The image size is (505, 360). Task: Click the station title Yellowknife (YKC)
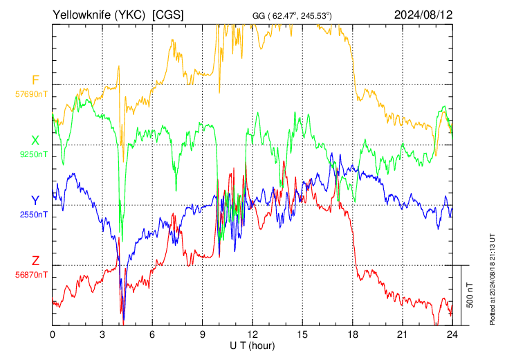99,15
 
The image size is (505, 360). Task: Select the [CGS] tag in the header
168,15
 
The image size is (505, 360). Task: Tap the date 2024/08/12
423,15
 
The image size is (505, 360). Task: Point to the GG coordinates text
292,15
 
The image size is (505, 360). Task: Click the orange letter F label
35,80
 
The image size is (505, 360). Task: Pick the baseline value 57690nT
31,94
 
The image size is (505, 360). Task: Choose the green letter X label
35,141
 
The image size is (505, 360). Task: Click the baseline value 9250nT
33,154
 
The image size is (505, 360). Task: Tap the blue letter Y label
35,201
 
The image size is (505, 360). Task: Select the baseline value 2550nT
33,215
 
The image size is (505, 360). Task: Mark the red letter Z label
35,260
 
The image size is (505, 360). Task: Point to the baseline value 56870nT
31,275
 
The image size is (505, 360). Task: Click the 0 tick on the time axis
53,334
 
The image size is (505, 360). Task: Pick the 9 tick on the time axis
202,334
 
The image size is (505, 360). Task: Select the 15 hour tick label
302,334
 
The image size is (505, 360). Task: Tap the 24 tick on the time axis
452,334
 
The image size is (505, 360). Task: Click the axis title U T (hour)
252,346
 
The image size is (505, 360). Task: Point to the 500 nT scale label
470,295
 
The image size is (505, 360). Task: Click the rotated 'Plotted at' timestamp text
492,280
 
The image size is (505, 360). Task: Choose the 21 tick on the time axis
402,334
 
